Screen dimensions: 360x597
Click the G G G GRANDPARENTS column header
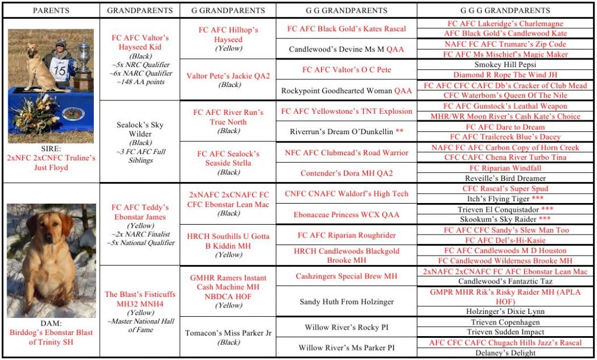[x=504, y=11]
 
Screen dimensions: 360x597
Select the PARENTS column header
[x=51, y=11]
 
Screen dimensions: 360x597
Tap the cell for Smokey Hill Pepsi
[x=504, y=65]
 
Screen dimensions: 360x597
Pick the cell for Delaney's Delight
[x=504, y=352]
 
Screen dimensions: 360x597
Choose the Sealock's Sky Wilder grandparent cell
[x=140, y=138]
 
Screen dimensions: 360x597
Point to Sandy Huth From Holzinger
[x=346, y=302]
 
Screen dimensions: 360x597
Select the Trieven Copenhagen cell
[x=504, y=322]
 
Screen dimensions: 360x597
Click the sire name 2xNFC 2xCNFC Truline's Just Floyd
[x=51, y=163]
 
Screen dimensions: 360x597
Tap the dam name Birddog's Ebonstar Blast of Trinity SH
[x=51, y=337]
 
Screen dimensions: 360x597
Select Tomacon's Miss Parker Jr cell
[x=228, y=337]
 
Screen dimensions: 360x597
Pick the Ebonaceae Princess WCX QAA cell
[x=346, y=215]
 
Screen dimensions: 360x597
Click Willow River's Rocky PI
[x=346, y=327]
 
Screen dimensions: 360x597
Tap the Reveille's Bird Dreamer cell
[x=504, y=178]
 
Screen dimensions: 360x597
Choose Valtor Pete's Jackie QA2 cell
[x=228, y=80]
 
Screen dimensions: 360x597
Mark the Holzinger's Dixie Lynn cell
[x=504, y=312]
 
